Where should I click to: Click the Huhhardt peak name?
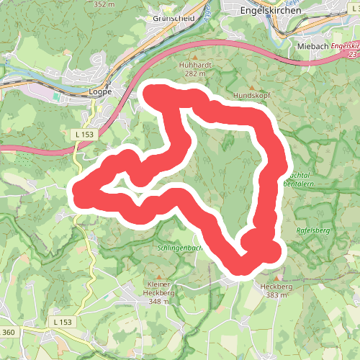click(192, 64)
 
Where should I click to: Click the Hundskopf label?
click(250, 95)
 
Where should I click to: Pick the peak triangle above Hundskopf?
click(250, 86)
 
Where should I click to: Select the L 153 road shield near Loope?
click(84, 134)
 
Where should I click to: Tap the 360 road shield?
click(8, 331)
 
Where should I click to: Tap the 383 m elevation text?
click(277, 294)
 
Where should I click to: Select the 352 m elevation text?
click(104, 4)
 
